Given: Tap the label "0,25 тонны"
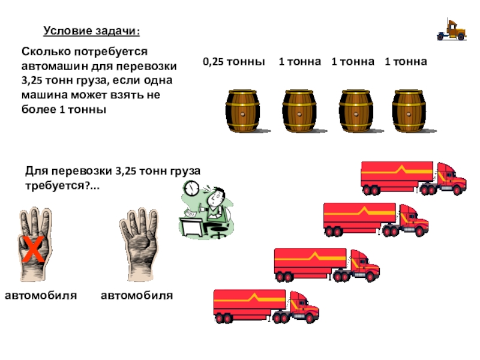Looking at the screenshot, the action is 233,62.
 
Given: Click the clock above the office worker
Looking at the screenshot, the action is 191,188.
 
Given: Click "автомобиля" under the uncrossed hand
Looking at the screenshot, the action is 137,295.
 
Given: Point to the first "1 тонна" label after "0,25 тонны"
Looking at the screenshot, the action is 299,62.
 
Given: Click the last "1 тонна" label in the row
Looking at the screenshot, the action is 406,62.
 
